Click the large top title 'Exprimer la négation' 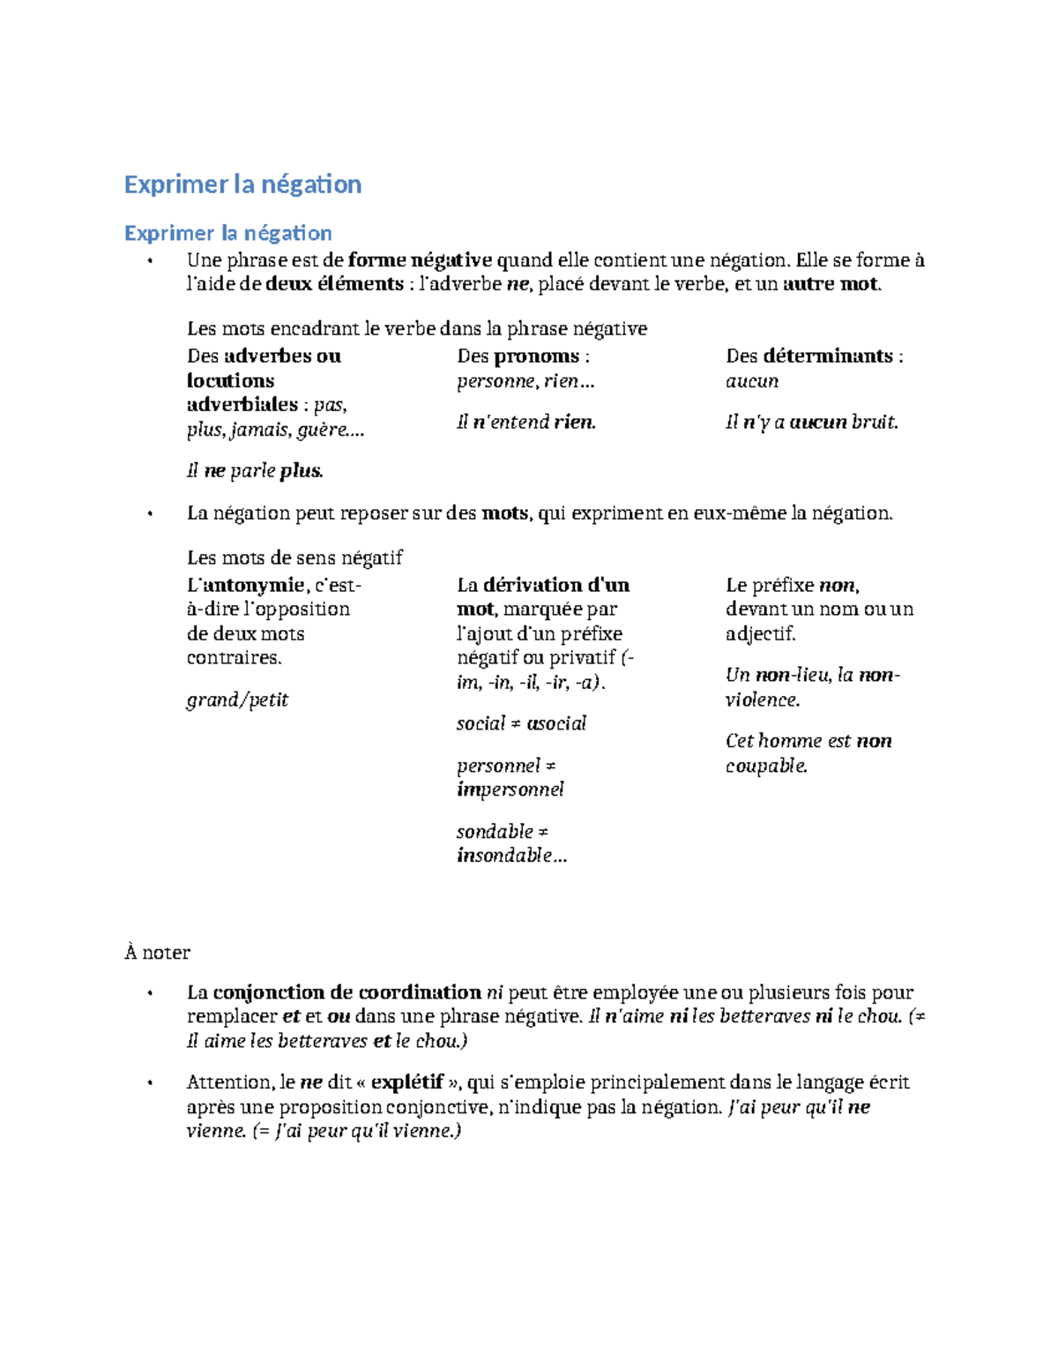(x=242, y=184)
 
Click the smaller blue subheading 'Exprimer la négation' (x=227, y=233)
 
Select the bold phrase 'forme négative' (x=420, y=260)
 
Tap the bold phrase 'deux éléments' (x=334, y=284)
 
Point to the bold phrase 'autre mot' (x=831, y=284)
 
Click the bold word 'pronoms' (x=537, y=356)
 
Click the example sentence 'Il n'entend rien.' (x=526, y=423)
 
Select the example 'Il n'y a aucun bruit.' (x=811, y=423)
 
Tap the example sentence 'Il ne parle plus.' (x=255, y=471)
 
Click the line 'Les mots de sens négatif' (x=294, y=558)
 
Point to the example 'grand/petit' (x=237, y=700)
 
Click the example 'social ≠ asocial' (x=521, y=724)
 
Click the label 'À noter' (x=157, y=953)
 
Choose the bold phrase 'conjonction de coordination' (x=346, y=992)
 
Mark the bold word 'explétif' (x=406, y=1082)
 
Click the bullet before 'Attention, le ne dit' (x=151, y=1083)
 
